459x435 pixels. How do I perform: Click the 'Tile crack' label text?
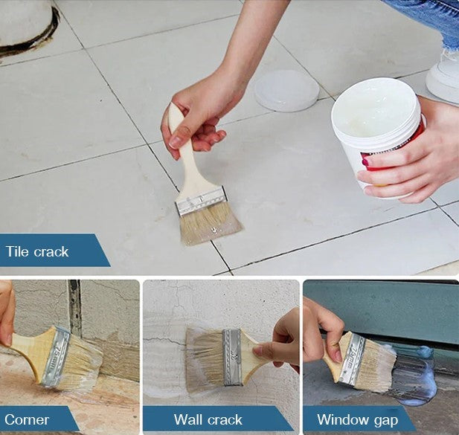(37, 251)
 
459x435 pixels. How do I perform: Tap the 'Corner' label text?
(27, 420)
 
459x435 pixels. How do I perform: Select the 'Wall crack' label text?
(208, 419)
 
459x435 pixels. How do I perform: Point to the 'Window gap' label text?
(358, 420)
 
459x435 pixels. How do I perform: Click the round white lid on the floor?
(286, 91)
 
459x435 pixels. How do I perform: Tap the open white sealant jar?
(378, 135)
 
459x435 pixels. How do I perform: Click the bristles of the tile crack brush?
(210, 223)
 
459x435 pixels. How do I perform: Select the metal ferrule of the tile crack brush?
(201, 202)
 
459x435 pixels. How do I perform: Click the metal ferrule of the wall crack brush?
(232, 357)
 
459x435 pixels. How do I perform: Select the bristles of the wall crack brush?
(205, 358)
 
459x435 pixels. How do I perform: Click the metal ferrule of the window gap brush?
(353, 358)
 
